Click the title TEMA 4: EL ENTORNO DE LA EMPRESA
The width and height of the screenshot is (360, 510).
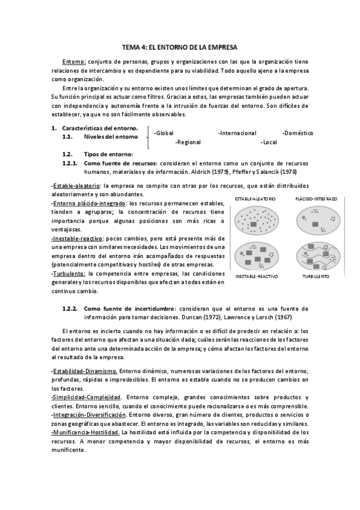(180, 46)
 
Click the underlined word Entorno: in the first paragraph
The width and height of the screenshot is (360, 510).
(74, 61)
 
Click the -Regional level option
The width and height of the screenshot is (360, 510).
(189, 143)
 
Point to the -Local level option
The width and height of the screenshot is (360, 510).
(269, 143)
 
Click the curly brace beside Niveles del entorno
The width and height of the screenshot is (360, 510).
(148, 138)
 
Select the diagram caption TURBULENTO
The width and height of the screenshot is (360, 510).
(316, 276)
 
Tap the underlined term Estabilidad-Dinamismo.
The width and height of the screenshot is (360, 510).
(84, 370)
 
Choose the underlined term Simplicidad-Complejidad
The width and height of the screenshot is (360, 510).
(87, 397)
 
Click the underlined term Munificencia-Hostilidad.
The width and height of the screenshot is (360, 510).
(85, 432)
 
